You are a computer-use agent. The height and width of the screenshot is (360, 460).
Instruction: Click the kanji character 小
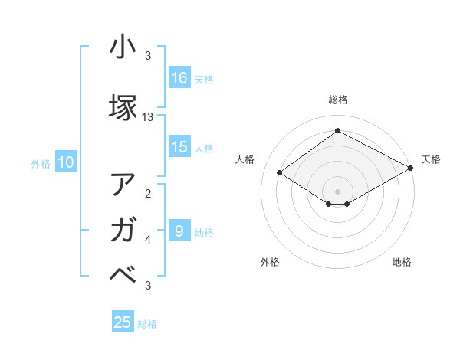[123, 47]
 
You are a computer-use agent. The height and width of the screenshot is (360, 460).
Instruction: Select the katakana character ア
[123, 185]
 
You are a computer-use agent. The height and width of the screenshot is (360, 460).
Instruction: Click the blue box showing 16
[179, 77]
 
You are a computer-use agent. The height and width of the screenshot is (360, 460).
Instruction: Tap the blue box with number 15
[179, 147]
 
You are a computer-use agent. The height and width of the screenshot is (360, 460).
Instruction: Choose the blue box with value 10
[66, 162]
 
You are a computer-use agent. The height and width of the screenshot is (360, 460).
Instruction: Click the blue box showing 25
[123, 322]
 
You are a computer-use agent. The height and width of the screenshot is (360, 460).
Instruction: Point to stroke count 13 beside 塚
[148, 117]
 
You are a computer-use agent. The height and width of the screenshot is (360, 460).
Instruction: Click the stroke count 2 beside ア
[148, 194]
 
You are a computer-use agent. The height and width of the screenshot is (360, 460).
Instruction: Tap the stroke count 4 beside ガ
[148, 240]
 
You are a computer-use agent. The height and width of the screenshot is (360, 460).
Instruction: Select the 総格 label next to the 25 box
[147, 324]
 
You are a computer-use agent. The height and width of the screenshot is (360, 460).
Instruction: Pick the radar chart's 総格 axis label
[337, 100]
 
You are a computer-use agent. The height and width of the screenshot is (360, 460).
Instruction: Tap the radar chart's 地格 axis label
[402, 262]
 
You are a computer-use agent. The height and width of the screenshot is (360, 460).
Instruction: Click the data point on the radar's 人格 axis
[280, 173]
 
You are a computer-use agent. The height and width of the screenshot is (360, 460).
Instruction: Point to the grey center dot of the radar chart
[337, 191]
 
